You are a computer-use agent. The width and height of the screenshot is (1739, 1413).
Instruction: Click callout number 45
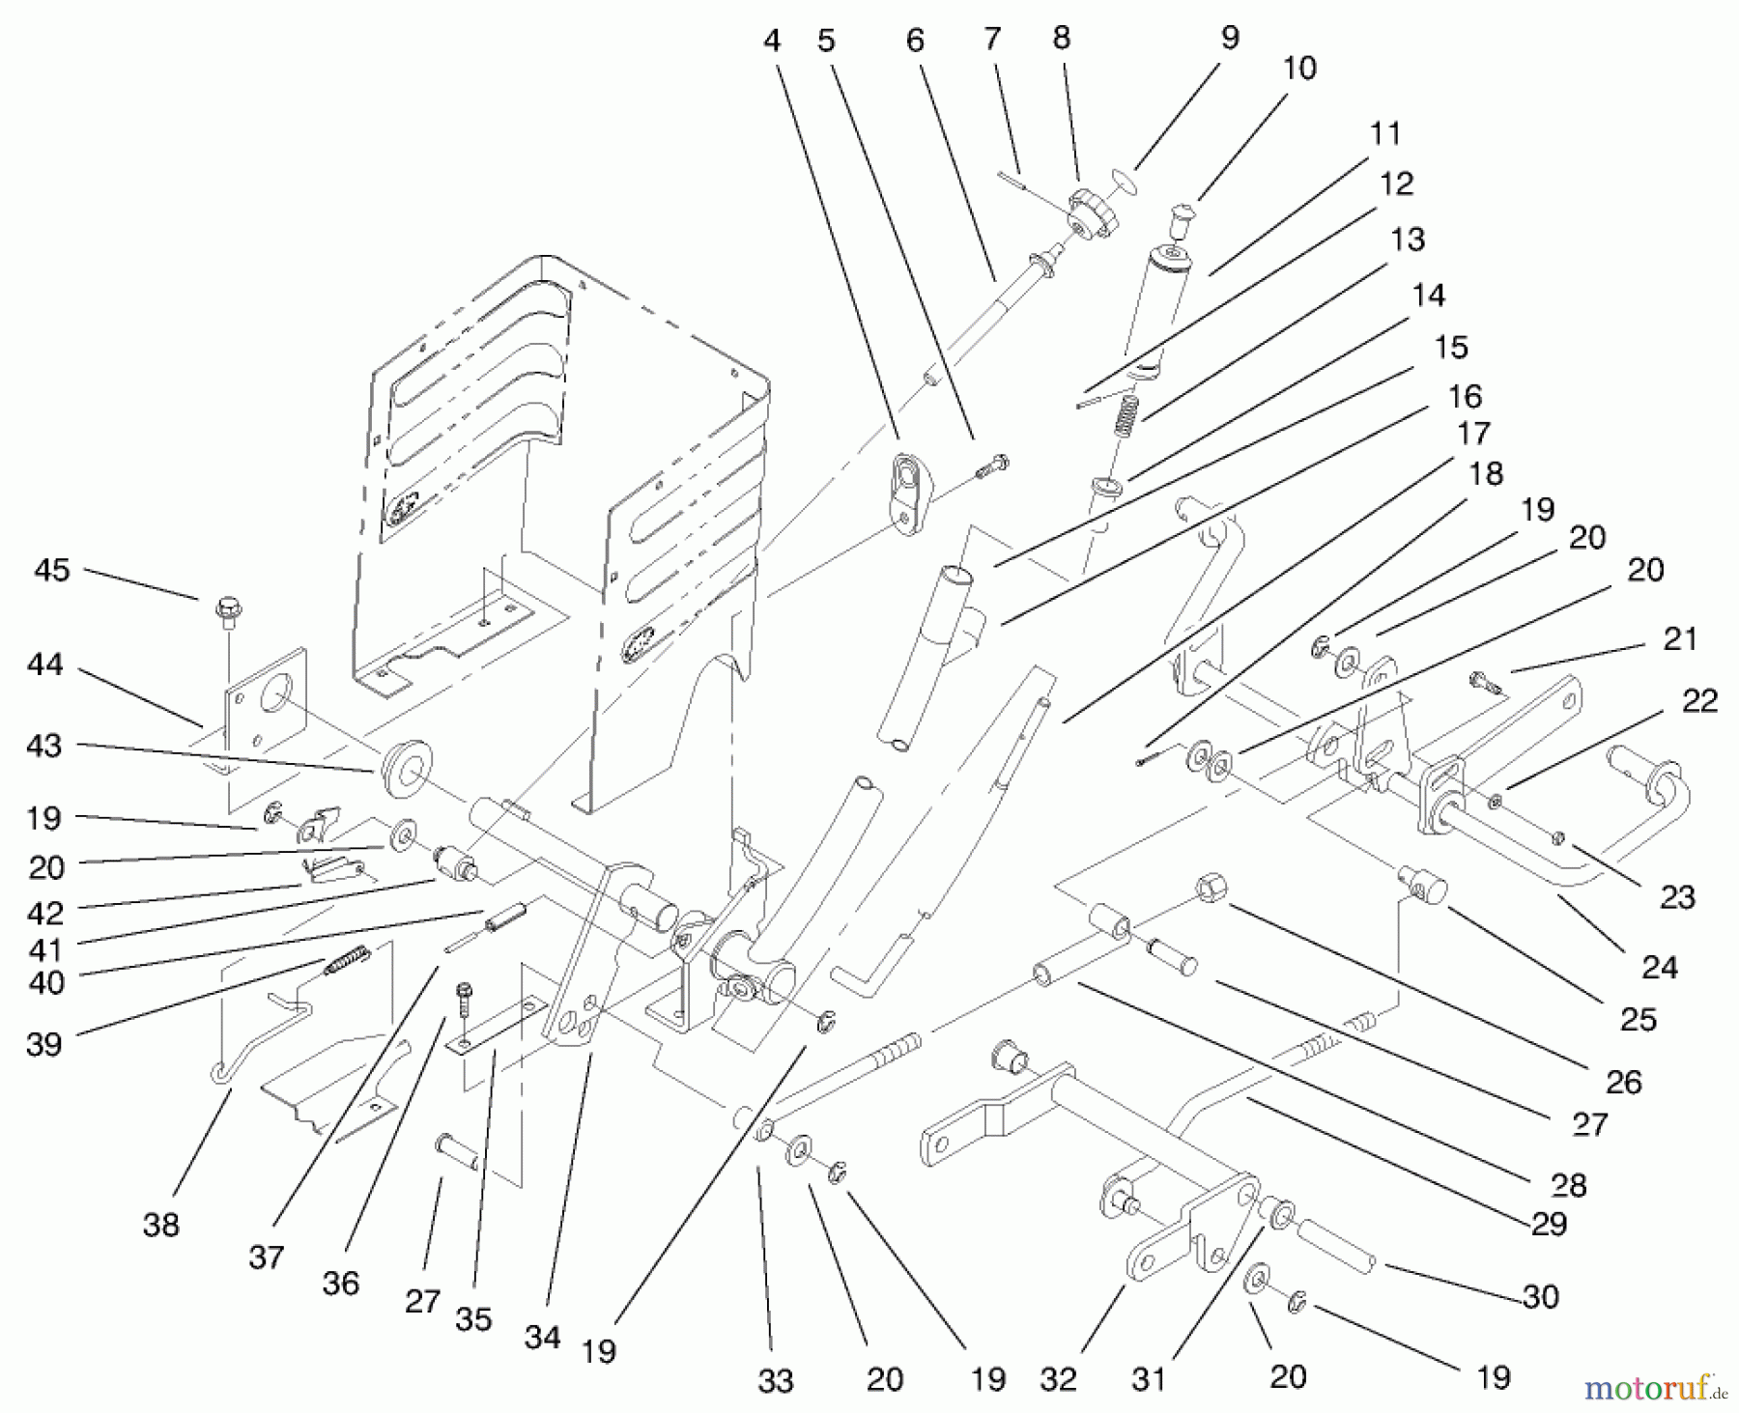[x=52, y=570]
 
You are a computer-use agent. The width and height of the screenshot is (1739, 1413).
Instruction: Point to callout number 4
[x=771, y=41]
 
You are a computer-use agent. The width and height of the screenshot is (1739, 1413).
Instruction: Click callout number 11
[x=1385, y=133]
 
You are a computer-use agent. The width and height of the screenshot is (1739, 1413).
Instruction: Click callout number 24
[x=1660, y=966]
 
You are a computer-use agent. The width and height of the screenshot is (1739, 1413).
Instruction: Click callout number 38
[x=160, y=1225]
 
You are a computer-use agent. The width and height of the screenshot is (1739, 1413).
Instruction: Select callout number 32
[x=1058, y=1378]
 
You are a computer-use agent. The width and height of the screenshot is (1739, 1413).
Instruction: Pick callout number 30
[x=1540, y=1296]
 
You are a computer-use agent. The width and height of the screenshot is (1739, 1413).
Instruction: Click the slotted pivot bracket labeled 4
[x=908, y=493]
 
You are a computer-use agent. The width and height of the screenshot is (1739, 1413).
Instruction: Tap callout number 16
[x=1465, y=396]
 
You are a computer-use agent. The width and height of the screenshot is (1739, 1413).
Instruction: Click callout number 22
[x=1699, y=701]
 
